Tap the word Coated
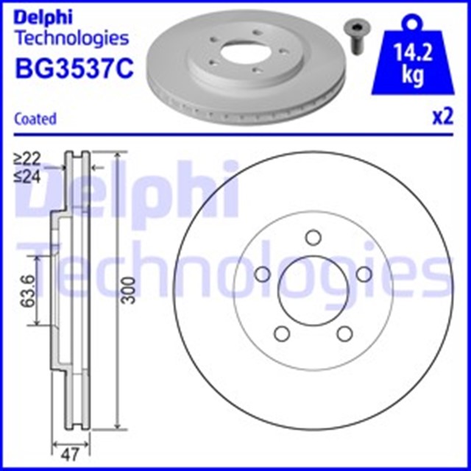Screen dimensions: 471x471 click(36, 118)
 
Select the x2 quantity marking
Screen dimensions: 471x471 click(441, 118)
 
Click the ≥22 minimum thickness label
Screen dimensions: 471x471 click(26, 157)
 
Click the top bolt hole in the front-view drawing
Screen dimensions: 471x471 click(314, 237)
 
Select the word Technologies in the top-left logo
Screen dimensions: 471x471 click(71, 38)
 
